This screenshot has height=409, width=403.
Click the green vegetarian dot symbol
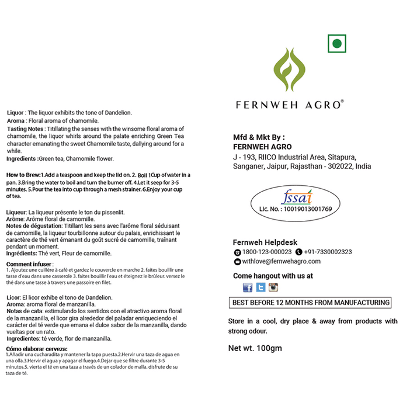point(336,44)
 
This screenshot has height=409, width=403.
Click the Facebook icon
point(248,287)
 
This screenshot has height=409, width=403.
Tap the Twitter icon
point(260,287)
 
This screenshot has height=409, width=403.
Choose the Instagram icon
point(273,287)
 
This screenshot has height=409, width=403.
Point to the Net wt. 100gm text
point(255,348)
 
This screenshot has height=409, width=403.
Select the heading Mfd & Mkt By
point(260,137)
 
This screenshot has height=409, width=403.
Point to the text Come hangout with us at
point(273,275)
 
